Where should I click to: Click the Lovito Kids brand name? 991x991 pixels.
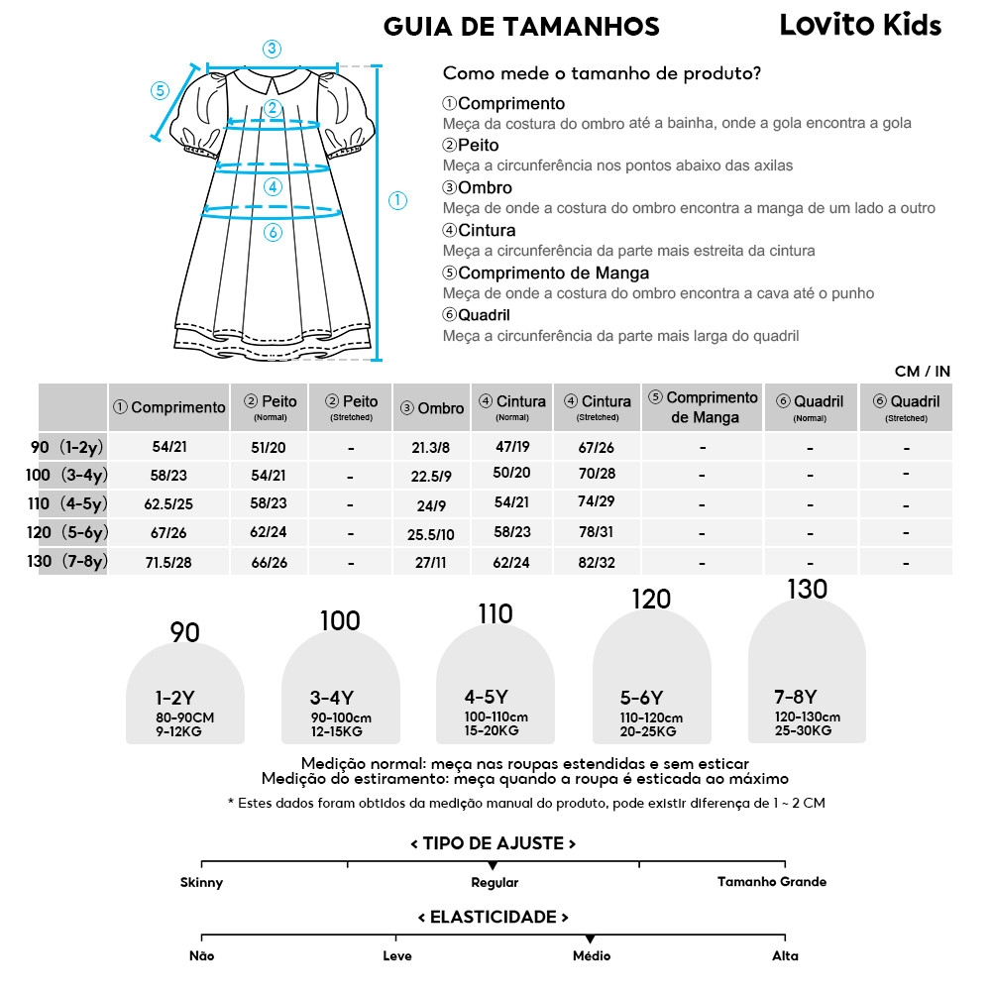pos(860,25)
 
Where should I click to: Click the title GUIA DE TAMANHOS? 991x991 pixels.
pos(521,26)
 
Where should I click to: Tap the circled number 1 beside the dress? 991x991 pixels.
pos(397,200)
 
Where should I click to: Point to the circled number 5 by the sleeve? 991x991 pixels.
pos(161,90)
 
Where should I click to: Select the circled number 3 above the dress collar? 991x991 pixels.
pos(272,50)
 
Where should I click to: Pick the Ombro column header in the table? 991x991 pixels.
pos(432,407)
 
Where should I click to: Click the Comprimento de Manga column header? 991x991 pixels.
pos(703,407)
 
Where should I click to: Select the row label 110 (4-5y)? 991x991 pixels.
pos(66,503)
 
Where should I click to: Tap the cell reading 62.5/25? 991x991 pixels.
pos(168,504)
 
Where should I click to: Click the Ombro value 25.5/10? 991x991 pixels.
pos(431,534)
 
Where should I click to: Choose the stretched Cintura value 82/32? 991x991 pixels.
pos(597,561)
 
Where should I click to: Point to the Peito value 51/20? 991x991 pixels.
pos(269,447)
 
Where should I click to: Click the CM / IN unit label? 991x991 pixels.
pos(922,372)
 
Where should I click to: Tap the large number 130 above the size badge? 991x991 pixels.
pos(807,590)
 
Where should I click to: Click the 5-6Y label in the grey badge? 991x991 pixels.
pos(642,698)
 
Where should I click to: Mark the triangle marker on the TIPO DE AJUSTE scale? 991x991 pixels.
pos(493,866)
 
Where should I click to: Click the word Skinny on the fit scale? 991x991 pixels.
pos(202,882)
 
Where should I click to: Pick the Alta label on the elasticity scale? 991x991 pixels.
pos(785,956)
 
